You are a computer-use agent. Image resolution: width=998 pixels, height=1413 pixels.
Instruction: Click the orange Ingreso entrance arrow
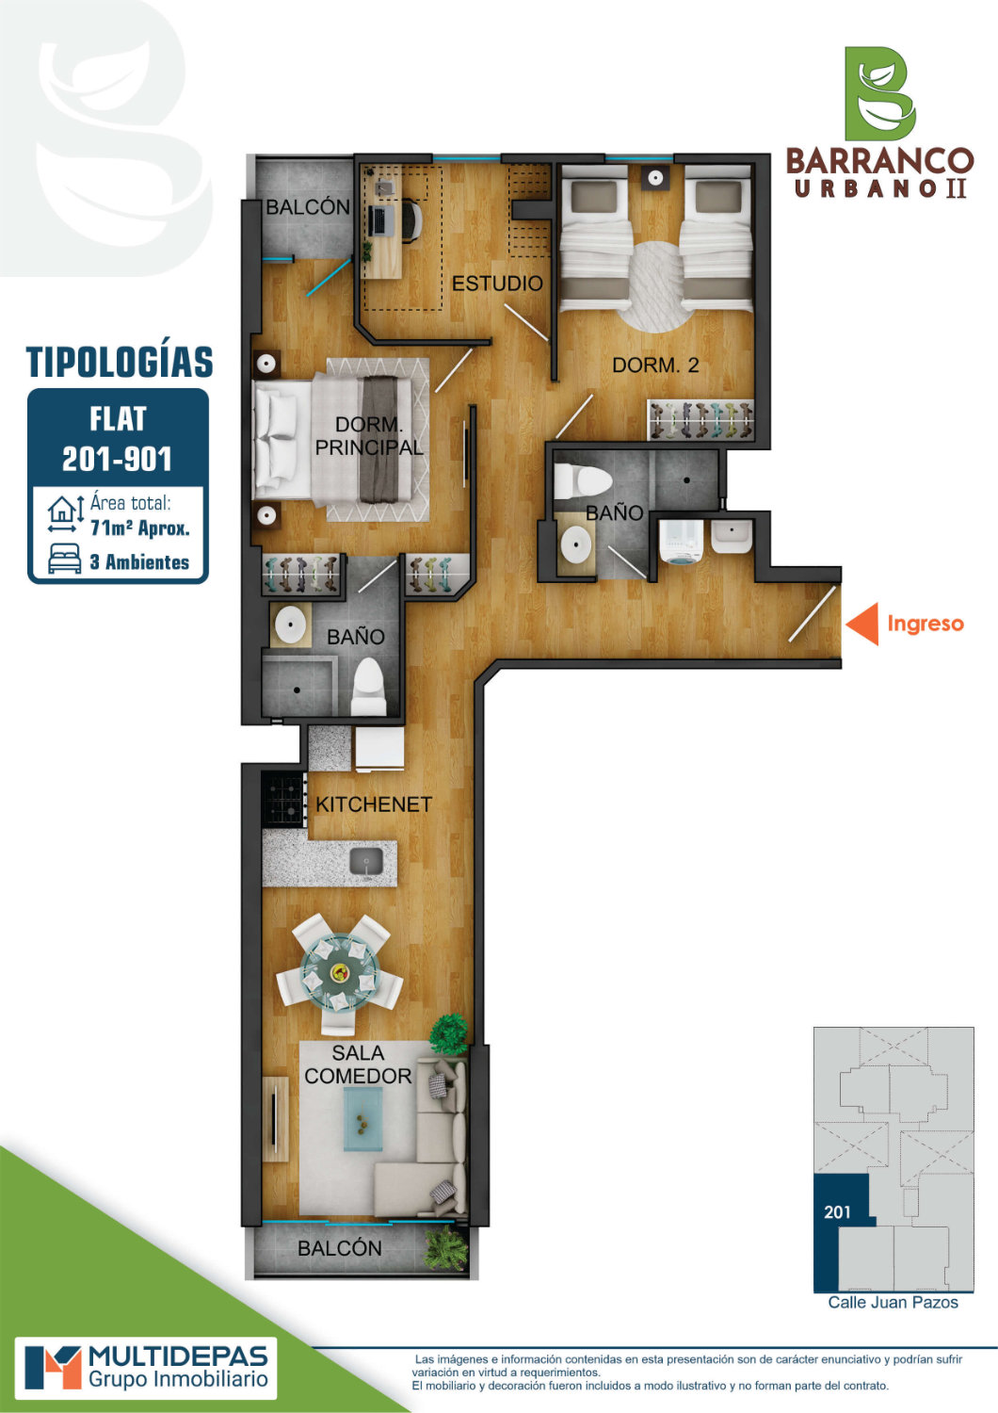click(863, 624)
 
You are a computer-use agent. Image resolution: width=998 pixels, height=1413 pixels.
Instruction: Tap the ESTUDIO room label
click(497, 284)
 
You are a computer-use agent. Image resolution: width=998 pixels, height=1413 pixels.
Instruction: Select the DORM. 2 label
click(655, 365)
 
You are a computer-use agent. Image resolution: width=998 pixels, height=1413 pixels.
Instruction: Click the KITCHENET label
click(374, 804)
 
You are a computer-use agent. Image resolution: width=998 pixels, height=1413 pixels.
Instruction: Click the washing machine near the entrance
click(682, 542)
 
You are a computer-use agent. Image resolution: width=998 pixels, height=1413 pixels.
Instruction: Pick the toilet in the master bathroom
click(369, 687)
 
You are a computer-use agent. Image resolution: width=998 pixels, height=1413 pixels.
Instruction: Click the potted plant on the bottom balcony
click(447, 1250)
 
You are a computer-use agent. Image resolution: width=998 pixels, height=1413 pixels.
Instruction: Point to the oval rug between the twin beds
click(655, 288)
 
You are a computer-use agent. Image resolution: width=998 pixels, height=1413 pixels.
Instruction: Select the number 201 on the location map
click(837, 1211)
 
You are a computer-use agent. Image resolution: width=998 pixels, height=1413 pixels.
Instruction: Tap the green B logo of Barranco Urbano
click(880, 93)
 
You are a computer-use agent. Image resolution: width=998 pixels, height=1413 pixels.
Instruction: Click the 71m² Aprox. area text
click(140, 528)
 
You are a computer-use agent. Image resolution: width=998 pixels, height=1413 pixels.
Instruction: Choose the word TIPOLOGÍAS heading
click(120, 362)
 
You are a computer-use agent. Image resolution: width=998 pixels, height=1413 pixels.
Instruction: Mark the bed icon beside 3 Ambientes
click(65, 560)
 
